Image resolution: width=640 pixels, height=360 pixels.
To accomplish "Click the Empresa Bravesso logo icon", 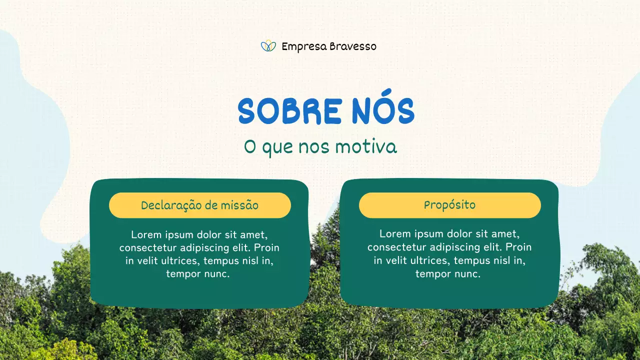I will coord(268,46).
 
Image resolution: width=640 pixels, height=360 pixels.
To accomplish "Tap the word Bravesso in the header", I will coord(353,46).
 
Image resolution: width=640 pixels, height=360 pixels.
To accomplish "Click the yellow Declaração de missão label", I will coord(200,205).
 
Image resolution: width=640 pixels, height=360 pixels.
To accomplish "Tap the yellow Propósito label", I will coord(450,205).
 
